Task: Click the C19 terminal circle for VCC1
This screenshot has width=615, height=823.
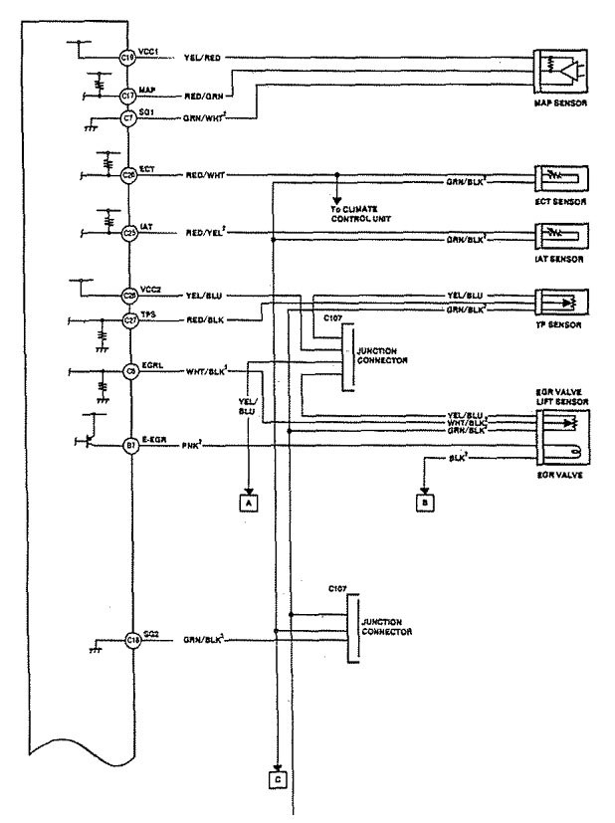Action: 128,59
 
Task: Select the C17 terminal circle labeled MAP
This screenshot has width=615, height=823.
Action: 128,96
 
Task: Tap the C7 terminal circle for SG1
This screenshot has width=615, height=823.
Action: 128,118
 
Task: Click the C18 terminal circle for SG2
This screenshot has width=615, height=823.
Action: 133,642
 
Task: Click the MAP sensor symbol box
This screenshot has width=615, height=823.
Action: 562,68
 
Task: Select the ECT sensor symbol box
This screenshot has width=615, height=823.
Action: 562,179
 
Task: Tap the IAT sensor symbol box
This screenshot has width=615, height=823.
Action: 562,236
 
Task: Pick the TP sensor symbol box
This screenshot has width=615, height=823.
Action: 562,301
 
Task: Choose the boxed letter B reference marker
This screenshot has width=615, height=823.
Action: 424,503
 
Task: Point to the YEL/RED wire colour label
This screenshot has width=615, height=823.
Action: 202,59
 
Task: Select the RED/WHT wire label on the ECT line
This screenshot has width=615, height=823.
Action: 204,175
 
